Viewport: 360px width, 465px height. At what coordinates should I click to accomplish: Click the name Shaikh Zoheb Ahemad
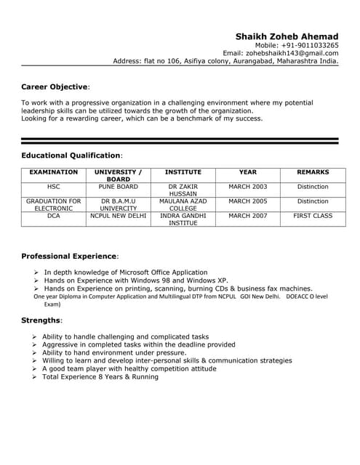point(287,36)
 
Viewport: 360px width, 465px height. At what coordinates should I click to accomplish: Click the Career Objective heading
point(55,86)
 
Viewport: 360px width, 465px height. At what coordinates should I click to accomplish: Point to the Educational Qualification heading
point(71,155)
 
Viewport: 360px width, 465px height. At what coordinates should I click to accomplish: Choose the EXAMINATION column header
point(53,172)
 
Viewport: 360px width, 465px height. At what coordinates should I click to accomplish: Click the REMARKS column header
point(313,172)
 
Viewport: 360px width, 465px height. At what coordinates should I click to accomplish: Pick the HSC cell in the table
point(53,187)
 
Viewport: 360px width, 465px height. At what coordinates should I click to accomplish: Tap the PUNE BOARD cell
point(119,187)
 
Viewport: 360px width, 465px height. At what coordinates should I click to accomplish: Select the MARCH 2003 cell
point(248,187)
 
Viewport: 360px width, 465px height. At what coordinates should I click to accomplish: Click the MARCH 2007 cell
point(248,216)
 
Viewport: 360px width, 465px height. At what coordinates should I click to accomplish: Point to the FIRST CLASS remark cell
point(313,216)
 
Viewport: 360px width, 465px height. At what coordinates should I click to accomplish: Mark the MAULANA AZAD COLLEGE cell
point(183,204)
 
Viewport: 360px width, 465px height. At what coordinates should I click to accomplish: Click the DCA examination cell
point(53,216)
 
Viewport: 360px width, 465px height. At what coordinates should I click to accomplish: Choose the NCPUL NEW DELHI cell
point(119,216)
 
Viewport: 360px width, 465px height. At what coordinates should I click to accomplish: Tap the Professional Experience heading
point(68,256)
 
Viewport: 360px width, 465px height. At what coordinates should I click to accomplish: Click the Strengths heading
point(41,320)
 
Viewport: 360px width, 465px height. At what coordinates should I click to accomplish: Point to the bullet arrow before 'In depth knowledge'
point(36,272)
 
